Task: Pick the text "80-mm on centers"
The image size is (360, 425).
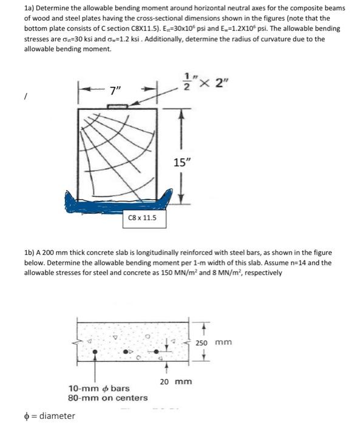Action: [108, 398]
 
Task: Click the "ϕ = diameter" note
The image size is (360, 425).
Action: [40, 416]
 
